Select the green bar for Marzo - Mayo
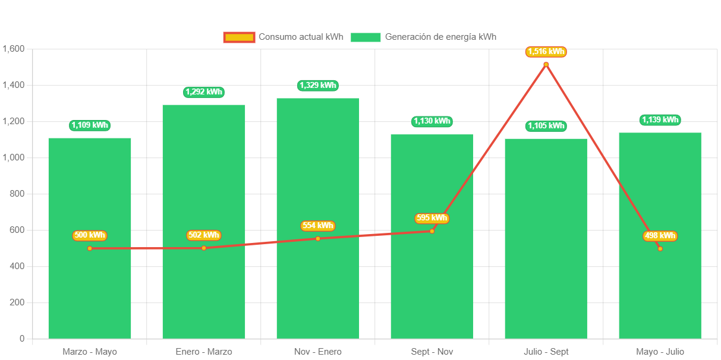89,285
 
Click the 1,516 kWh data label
546,52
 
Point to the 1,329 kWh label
317,86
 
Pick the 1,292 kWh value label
204,92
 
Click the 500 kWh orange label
89,236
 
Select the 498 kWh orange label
660,236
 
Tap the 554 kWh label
317,226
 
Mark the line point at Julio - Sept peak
546,64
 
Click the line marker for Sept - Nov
432,231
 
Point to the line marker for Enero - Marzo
204,248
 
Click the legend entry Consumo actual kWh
284,37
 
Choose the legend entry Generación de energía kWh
423,37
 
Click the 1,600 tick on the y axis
13,49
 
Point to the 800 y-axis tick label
17,194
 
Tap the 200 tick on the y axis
17,302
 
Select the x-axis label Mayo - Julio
660,352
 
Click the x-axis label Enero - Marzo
204,352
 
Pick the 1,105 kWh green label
546,126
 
